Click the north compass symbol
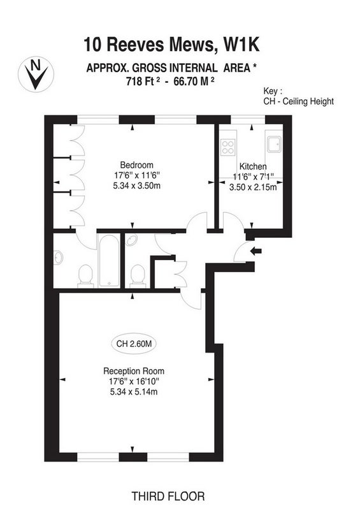coord(36,74)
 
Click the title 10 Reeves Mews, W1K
coord(171,44)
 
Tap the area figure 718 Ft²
coord(143,81)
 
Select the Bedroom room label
coord(136,164)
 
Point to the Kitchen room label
coord(253,166)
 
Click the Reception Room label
coord(134,371)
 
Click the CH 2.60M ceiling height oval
coord(134,344)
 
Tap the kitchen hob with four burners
coord(227,147)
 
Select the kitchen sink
coord(274,145)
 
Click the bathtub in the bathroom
coord(109,261)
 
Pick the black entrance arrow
coord(256,251)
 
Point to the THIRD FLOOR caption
coord(168,497)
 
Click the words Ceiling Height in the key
coord(308,101)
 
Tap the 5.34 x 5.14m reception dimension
coord(134,391)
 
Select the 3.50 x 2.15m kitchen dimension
coord(253,187)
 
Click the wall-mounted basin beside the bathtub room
coord(58,258)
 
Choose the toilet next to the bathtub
coord(86,276)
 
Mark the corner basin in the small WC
coord(131,240)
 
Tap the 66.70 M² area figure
coord(194,81)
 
